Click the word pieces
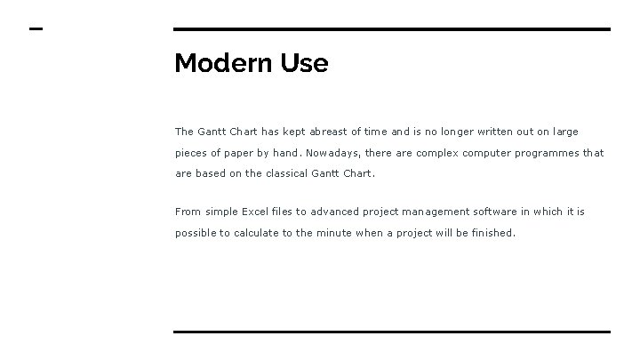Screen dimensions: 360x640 click(192, 153)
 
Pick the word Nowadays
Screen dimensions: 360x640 click(333, 153)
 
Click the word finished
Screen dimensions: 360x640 click(492, 233)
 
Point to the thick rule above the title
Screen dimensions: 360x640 click(392, 29)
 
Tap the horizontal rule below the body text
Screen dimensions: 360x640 click(392, 332)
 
